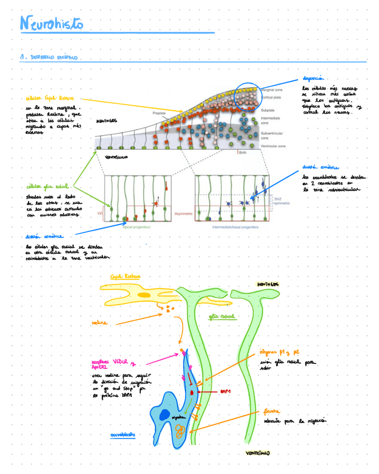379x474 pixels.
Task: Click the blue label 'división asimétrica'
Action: coord(44,236)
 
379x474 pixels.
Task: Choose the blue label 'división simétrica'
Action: coord(320,167)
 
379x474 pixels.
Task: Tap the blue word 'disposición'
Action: coord(314,79)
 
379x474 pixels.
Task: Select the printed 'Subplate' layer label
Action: coord(268,110)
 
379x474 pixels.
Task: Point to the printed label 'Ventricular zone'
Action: coord(273,146)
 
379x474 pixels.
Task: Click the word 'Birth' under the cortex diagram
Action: coord(243,152)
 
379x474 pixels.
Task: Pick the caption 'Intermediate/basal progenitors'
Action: coord(235,227)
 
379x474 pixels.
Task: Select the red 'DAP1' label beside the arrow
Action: coord(226,392)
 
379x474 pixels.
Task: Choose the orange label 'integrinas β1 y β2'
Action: coord(279,353)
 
